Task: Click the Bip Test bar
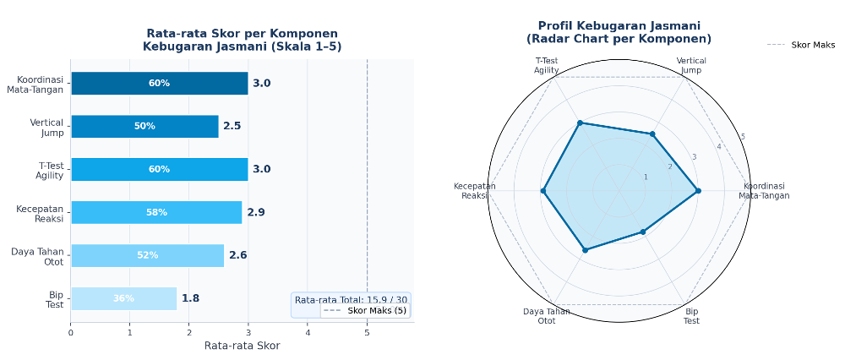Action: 123,298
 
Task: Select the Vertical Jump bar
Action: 144,126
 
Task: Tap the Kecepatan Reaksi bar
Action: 156,212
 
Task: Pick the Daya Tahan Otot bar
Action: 147,255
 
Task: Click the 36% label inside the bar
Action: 123,298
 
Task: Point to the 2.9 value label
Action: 256,212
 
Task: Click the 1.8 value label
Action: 190,298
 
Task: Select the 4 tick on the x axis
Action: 308,332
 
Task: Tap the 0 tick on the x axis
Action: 71,332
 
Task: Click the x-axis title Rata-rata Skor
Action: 242,346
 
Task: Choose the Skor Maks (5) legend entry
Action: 365,310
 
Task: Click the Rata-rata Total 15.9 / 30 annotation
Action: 351,299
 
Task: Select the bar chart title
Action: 242,40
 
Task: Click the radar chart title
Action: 619,32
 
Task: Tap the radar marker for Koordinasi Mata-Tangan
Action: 698,191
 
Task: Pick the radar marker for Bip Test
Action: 642,232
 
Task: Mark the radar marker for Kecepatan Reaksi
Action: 543,191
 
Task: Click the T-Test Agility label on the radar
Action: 547,65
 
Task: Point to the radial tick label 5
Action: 743,137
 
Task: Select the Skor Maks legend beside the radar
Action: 801,45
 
